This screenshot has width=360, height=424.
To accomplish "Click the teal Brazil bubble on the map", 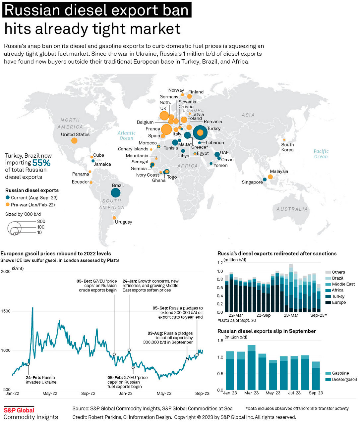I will pos(116,192).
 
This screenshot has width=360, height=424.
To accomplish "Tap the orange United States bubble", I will pos(74,140).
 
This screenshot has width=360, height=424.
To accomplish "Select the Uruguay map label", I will pos(123,222).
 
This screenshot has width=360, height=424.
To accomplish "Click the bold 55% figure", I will pos(41,163).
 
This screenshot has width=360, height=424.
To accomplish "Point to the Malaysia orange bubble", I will pos(270,177).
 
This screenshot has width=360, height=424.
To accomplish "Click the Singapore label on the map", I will pos(252,182).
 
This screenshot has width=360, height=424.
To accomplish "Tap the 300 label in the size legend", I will pos(41,221).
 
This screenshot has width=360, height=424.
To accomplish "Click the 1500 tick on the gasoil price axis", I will pos(6,311).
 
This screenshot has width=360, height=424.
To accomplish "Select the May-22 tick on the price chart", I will pos(50,394).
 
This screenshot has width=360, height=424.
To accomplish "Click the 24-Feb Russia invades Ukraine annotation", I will pos(41,380).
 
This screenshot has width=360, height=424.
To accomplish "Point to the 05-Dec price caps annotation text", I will pos(97,286).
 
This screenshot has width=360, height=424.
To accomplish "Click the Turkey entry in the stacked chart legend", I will pos(338,296).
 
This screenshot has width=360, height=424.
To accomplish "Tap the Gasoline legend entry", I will pos(340,373).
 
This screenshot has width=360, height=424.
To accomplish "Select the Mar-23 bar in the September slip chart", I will pos(252,368).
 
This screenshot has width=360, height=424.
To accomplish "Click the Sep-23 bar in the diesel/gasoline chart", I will pos(316,376).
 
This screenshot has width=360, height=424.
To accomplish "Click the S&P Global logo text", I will pos(19,410).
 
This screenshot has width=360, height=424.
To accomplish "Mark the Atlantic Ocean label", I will pos(126,135).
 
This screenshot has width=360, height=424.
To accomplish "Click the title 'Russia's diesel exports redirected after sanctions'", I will pos(277,253).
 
